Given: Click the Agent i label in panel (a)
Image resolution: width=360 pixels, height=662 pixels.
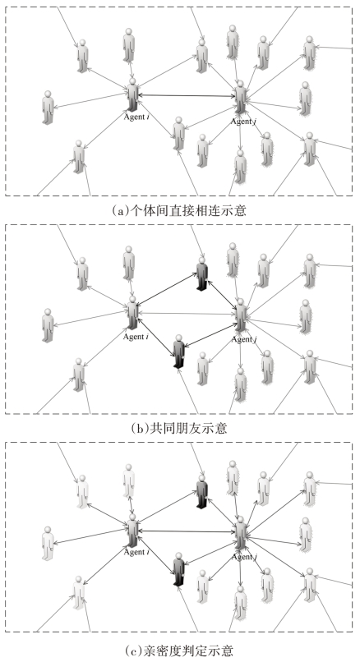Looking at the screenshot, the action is click(136, 117).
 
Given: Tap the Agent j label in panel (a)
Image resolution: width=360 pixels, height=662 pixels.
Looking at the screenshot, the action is click(243, 122).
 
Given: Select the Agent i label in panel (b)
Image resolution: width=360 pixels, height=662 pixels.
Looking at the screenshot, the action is click(136, 337).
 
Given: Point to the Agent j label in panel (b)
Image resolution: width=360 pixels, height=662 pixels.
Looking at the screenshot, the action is click(243, 339).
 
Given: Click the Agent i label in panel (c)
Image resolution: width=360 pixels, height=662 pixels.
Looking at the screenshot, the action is click(136, 552).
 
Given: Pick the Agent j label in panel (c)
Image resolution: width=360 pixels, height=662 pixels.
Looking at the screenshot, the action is click(244, 557).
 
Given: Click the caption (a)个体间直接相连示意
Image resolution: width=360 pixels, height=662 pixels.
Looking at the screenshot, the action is click(178, 210).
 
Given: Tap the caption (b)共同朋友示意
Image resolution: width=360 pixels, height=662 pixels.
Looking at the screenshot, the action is click(179, 428).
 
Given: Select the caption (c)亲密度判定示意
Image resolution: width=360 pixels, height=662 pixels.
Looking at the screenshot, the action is click(179, 650).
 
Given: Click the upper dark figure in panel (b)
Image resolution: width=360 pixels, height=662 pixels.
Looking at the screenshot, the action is click(202, 274).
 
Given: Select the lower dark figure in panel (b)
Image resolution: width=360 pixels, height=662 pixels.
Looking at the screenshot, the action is click(179, 352).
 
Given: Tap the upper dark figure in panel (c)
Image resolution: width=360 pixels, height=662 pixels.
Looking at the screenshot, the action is click(202, 491).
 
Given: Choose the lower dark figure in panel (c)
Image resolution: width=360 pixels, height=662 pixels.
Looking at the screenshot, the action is click(179, 569).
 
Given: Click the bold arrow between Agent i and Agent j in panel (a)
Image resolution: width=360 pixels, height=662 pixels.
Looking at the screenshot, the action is click(187, 96).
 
